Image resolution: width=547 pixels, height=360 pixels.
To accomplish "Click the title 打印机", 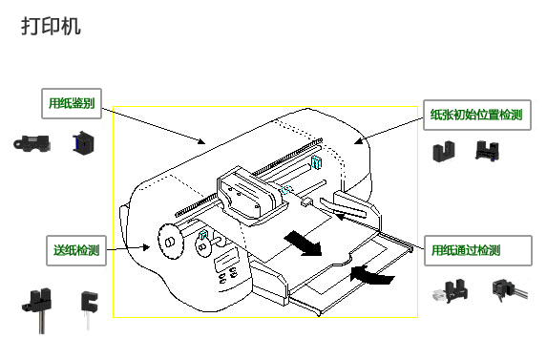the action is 51,26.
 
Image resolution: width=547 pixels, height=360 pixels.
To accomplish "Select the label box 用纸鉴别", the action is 72,103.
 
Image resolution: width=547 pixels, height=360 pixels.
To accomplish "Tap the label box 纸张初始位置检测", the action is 477,116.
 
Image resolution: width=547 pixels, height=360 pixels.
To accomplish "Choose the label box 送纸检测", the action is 76,250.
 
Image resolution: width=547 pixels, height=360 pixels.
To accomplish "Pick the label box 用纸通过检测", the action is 478,250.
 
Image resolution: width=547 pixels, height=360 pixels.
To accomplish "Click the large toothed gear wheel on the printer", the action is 170,241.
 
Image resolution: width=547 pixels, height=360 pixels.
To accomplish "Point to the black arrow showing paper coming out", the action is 303,244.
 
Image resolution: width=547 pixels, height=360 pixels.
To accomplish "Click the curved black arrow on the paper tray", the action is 371,274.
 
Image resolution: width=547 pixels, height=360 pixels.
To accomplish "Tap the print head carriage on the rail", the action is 249,195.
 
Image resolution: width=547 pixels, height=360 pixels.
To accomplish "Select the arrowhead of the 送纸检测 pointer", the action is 147,247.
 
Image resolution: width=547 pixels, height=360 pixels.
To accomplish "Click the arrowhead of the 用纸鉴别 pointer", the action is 201,141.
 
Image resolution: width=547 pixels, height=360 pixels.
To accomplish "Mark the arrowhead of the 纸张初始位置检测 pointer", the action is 358,141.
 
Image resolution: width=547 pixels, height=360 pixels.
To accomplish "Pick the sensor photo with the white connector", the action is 450,291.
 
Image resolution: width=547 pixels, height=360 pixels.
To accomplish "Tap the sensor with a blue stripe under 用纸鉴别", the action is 83,142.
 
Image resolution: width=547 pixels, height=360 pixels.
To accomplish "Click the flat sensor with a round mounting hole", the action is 32,143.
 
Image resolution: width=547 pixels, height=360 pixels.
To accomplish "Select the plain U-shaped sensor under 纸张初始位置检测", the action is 443,152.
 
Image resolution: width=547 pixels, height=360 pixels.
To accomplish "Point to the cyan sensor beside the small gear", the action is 202,235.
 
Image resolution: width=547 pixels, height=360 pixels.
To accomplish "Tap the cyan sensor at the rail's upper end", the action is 316,162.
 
